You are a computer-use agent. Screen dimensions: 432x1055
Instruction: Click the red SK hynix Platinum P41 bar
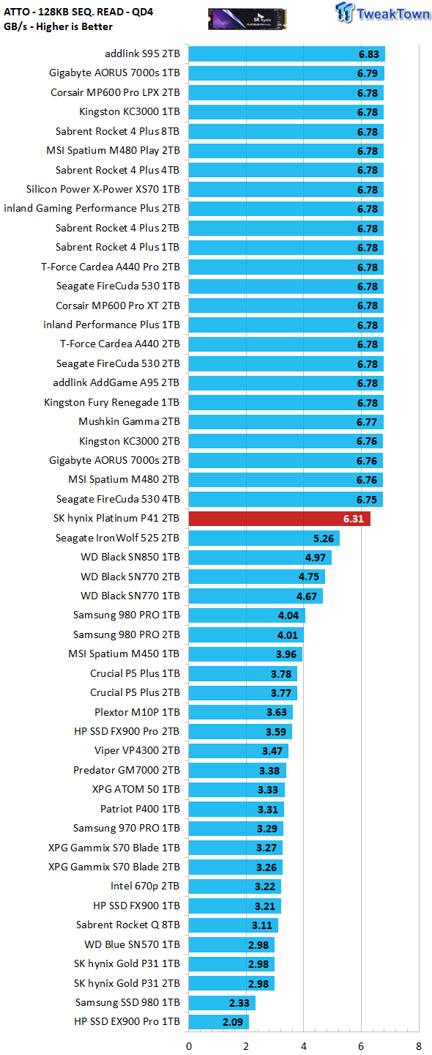point(280,519)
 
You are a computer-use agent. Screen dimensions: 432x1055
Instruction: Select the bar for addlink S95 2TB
point(287,53)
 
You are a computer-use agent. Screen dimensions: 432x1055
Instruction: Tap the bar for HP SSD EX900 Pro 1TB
point(219,1021)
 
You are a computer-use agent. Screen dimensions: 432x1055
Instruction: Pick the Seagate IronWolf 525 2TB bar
point(264,538)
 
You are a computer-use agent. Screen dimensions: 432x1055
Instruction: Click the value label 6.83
point(369,54)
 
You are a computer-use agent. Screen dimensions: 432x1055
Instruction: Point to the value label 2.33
point(239,1003)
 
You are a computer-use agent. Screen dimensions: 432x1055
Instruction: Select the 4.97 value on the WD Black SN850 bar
point(316,558)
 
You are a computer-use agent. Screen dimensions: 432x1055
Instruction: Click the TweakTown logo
point(382,12)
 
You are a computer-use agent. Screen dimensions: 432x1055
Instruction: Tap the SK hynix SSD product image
point(247,19)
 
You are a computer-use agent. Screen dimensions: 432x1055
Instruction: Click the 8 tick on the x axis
point(419,1046)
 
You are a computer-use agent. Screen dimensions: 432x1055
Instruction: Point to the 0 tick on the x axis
point(189,1046)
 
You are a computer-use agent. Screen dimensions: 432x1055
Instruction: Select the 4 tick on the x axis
point(304,1046)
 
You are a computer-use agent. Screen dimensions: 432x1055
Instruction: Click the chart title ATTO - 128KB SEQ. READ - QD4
point(78,12)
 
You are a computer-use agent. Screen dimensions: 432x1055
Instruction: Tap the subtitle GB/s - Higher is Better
point(58,26)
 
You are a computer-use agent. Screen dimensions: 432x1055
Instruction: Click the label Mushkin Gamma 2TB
point(129,421)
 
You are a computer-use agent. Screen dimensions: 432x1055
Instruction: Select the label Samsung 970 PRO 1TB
point(127,828)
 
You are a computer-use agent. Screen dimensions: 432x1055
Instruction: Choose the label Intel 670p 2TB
point(145,886)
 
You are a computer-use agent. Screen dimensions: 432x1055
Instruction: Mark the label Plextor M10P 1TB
point(137,712)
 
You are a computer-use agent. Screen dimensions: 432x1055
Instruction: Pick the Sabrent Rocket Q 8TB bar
point(234,925)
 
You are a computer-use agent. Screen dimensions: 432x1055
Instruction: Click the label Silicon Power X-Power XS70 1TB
point(103,189)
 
